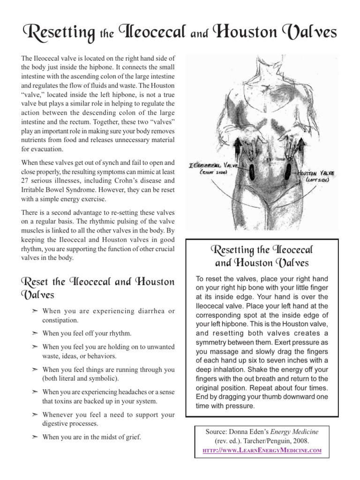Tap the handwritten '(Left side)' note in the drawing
click(x=320, y=180)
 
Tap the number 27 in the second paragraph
click(x=26, y=180)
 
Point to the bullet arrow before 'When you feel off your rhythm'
click(x=35, y=333)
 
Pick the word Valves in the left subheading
click(x=37, y=295)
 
